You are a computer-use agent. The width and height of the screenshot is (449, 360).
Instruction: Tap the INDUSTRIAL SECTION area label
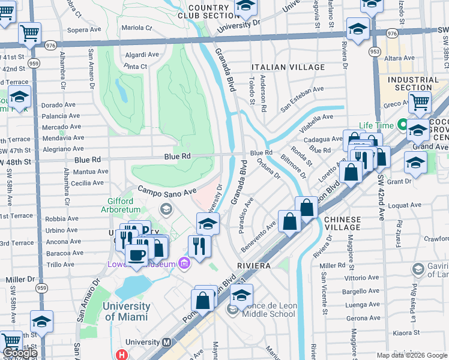point(413,83)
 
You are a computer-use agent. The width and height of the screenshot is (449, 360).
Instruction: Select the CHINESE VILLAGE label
point(343,223)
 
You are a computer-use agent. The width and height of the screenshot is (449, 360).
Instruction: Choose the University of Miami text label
point(126,311)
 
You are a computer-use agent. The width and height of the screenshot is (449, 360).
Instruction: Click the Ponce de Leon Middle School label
point(269,310)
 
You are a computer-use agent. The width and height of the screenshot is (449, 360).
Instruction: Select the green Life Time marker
point(402,126)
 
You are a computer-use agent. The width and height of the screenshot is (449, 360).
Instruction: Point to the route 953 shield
point(375,52)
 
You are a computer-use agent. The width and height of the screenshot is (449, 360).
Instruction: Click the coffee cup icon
point(137,255)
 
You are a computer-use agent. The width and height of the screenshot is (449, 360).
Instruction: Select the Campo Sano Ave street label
point(167,191)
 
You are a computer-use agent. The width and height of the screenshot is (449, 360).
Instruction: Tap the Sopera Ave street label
point(85,29)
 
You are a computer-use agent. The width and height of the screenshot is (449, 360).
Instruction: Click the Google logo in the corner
point(20,353)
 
